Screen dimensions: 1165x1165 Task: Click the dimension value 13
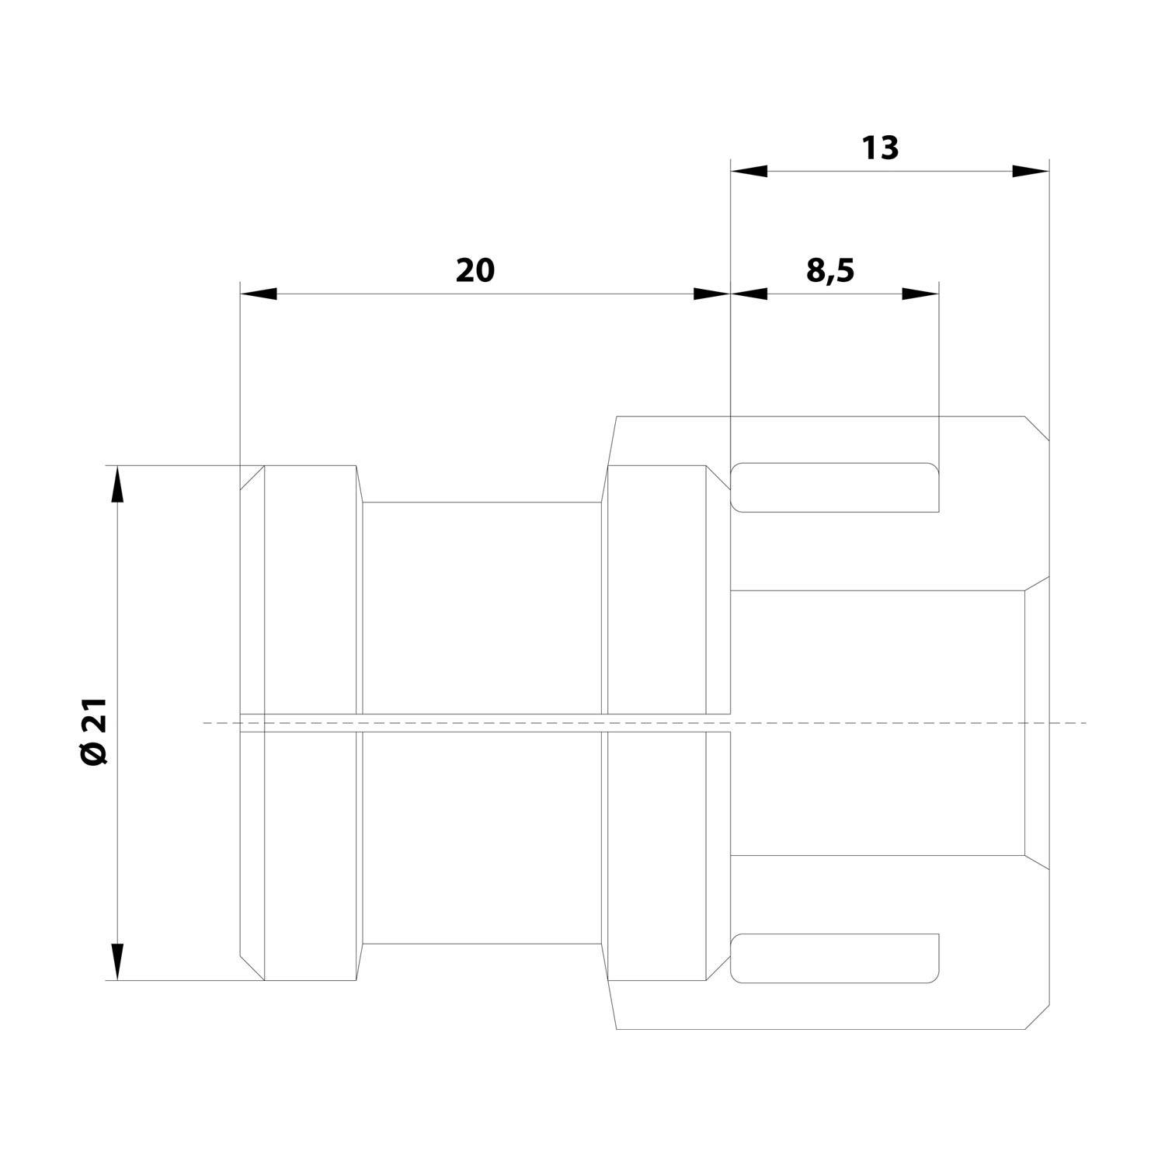(x=880, y=148)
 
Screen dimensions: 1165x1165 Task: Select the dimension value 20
(x=475, y=270)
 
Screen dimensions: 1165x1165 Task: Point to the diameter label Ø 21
(x=96, y=730)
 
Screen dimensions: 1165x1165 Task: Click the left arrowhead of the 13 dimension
(x=749, y=171)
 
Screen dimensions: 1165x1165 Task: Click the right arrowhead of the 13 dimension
(x=1031, y=171)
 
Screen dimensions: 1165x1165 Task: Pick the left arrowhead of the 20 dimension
(x=259, y=294)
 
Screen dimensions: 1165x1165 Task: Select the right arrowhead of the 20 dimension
(x=712, y=294)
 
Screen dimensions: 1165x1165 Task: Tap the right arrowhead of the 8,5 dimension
(x=920, y=294)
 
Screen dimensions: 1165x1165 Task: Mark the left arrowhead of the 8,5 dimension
(x=749, y=294)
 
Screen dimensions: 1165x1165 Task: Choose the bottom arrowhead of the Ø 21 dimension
(x=117, y=962)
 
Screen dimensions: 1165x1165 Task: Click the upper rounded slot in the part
(x=835, y=488)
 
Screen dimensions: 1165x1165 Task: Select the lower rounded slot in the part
(x=835, y=958)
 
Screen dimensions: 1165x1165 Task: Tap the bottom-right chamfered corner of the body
(x=1037, y=1017)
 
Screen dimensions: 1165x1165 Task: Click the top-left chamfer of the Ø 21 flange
(x=252, y=478)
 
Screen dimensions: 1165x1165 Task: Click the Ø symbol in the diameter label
(x=96, y=753)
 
